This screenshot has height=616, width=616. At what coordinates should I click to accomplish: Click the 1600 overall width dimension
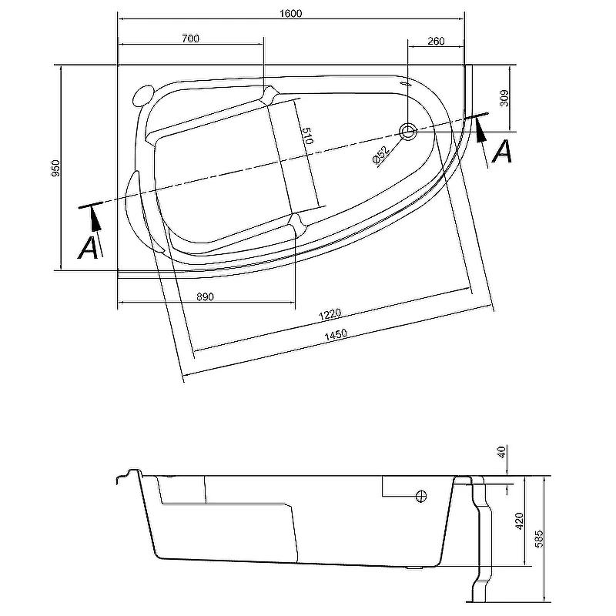291,12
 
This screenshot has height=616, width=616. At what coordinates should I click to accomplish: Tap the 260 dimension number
435,41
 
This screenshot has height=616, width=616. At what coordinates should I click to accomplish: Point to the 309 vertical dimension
505,96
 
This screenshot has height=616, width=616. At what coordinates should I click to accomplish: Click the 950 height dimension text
55,168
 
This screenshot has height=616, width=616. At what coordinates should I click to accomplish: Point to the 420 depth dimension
520,521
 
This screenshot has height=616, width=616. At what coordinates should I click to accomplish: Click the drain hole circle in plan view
408,131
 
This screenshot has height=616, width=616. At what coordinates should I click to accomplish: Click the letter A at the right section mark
502,151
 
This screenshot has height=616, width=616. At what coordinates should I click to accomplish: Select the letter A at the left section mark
89,248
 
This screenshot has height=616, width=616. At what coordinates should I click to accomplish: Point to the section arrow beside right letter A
482,131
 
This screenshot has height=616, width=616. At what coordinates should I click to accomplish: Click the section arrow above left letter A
95,219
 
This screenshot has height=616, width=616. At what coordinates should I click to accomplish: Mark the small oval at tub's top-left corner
140,95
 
